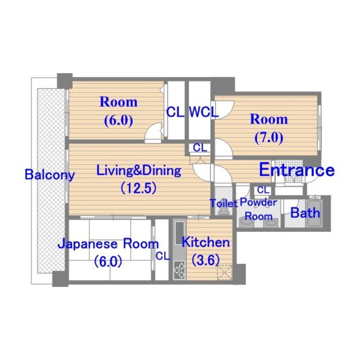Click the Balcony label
[x=50, y=175]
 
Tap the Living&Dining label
[x=139, y=171]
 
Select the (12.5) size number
[x=139, y=188]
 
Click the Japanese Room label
[x=108, y=244]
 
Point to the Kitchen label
[x=206, y=242]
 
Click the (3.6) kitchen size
[x=206, y=260]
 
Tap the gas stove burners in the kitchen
[x=179, y=270]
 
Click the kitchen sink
[x=180, y=233]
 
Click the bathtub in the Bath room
[x=314, y=213]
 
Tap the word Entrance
[x=297, y=170]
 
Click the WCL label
[x=203, y=112]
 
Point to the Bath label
[x=305, y=213]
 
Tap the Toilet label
[x=224, y=203]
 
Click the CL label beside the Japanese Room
[x=163, y=256]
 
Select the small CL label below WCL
[x=200, y=148]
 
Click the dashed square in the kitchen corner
[x=225, y=273]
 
